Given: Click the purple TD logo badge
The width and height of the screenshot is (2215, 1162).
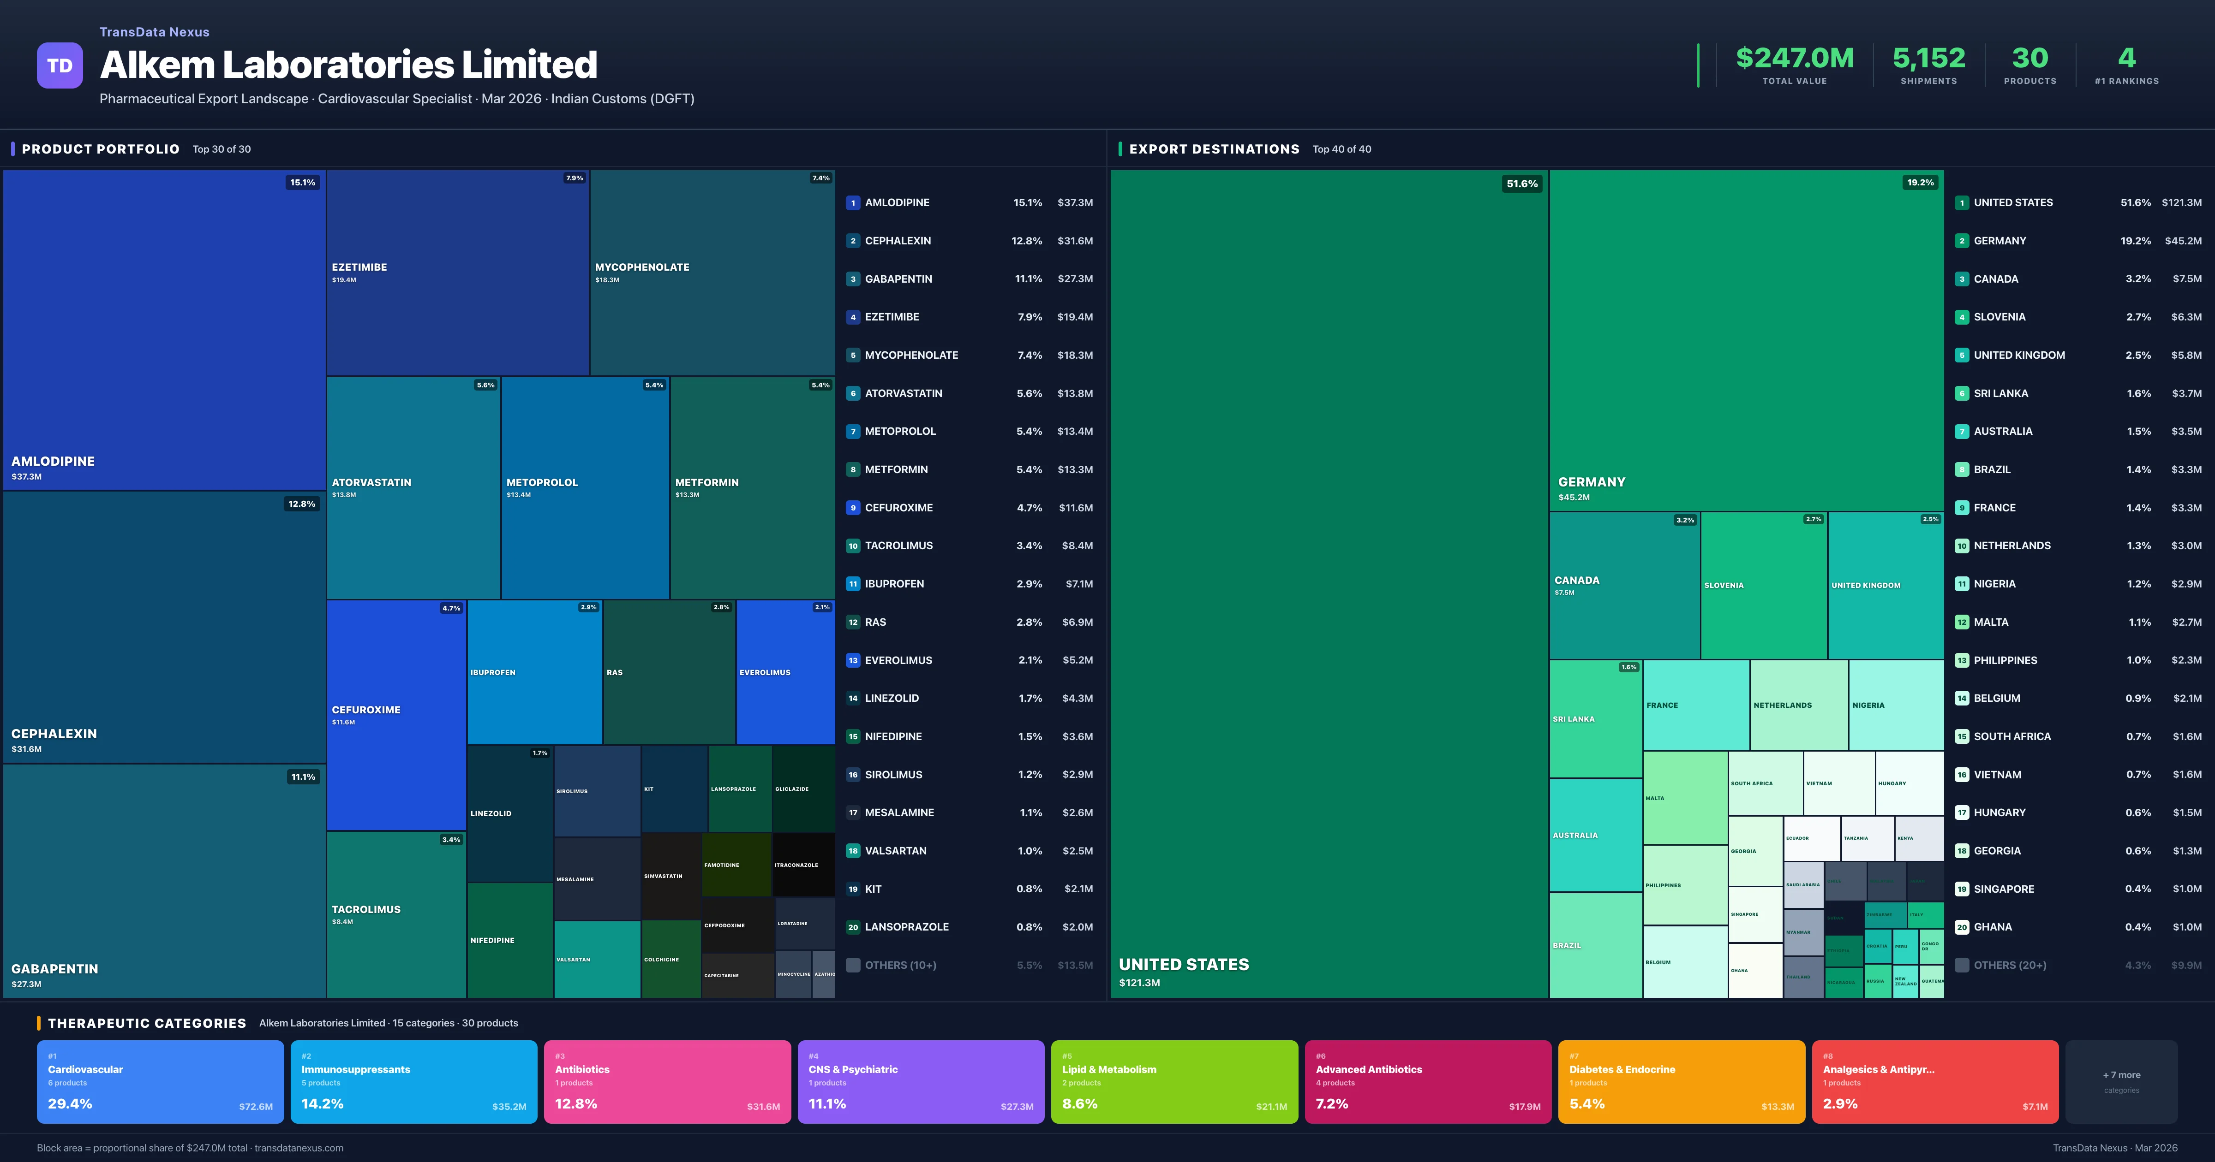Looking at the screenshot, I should pyautogui.click(x=60, y=65).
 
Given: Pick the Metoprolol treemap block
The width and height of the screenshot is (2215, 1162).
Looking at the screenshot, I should pyautogui.click(x=585, y=487).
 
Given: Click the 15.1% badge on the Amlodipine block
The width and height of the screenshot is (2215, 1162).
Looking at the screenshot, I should pyautogui.click(x=302, y=182).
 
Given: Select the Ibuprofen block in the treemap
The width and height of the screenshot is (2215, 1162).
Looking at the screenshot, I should pyautogui.click(x=534, y=672).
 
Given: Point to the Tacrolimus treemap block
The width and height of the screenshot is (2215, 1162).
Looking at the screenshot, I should pyautogui.click(x=395, y=913).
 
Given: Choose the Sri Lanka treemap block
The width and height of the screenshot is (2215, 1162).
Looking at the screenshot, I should pyautogui.click(x=1595, y=718).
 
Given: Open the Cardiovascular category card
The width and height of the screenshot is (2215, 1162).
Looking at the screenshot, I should pyautogui.click(x=160, y=1081).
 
